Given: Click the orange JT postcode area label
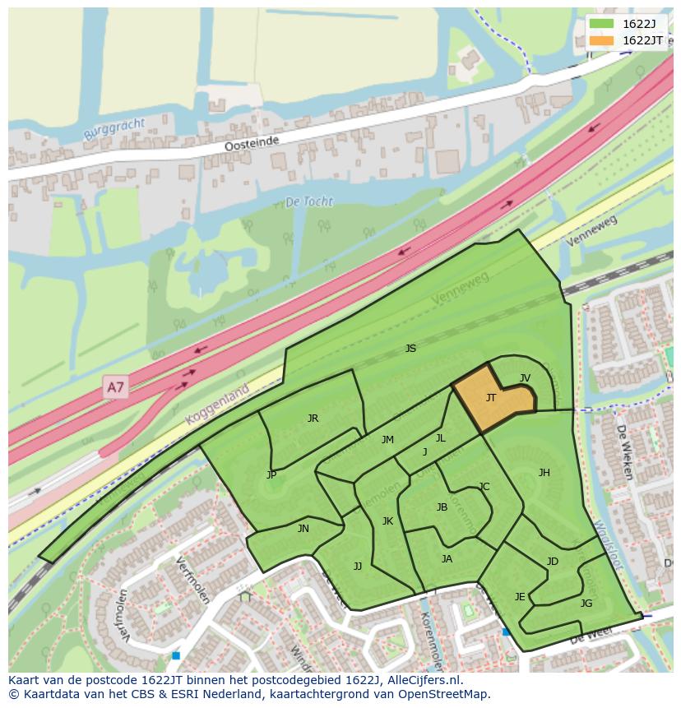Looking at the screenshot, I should pyautogui.click(x=491, y=398).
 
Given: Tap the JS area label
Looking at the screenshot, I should pyautogui.click(x=410, y=349).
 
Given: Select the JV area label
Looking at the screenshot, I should pyautogui.click(x=525, y=378).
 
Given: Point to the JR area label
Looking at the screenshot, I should pyautogui.click(x=313, y=419).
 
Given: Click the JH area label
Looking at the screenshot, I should pyautogui.click(x=544, y=473).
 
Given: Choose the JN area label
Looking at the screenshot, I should pyautogui.click(x=303, y=529).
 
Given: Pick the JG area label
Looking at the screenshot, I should pyautogui.click(x=586, y=603).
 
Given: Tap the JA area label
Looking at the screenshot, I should pyautogui.click(x=447, y=559).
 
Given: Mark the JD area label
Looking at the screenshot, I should pyautogui.click(x=552, y=562).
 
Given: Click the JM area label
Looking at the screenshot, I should pyautogui.click(x=387, y=440).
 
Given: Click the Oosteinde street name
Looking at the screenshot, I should pyautogui.click(x=252, y=143).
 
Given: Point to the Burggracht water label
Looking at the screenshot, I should pyautogui.click(x=114, y=129).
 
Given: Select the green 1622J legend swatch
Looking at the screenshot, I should pyautogui.click(x=602, y=23).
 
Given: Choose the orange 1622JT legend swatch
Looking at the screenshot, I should pyautogui.click(x=602, y=40).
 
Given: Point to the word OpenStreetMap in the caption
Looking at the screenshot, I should pyautogui.click(x=448, y=694).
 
